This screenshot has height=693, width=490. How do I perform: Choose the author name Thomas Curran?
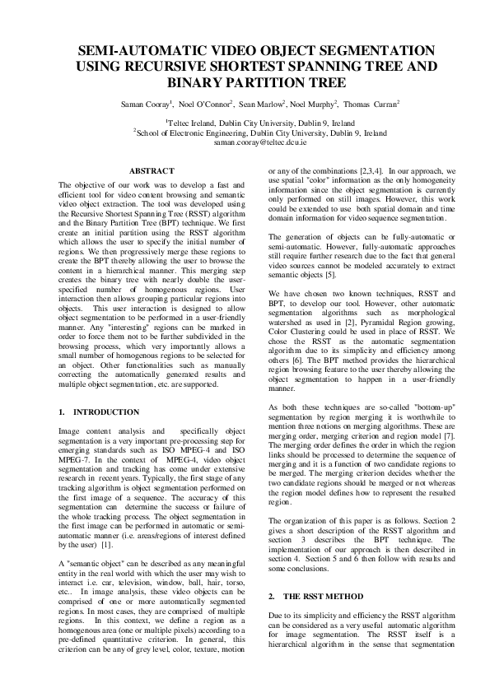(370, 105)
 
